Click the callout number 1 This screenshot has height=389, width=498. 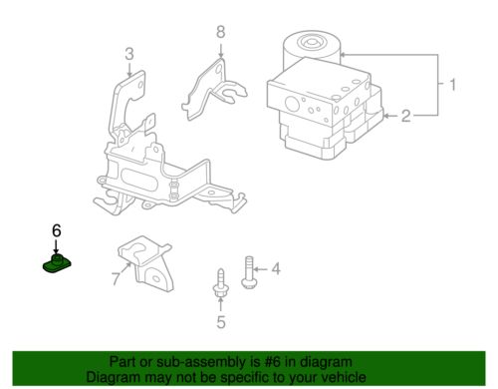tap(452, 85)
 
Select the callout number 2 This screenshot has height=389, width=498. tap(405, 116)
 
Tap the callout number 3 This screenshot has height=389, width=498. tap(129, 54)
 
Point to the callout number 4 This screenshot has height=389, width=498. tap(276, 268)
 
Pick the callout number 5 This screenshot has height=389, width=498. tap(221, 322)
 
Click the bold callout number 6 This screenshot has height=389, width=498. tap(57, 230)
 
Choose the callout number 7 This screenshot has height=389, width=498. tap(116, 279)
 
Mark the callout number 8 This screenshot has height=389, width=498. tap(221, 32)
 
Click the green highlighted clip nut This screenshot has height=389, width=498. tap(57, 264)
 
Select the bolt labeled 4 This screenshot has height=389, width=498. tap(249, 272)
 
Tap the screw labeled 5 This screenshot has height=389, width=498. tap(220, 283)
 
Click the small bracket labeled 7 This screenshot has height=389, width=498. tap(145, 263)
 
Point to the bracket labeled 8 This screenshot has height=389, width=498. tap(213, 89)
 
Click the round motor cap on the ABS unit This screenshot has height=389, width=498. tap(312, 43)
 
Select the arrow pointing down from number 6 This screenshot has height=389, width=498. tap(56, 246)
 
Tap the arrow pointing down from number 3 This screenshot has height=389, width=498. tap(129, 69)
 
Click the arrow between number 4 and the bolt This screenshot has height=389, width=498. tap(262, 269)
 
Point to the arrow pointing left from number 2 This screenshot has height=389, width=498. tap(390, 116)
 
